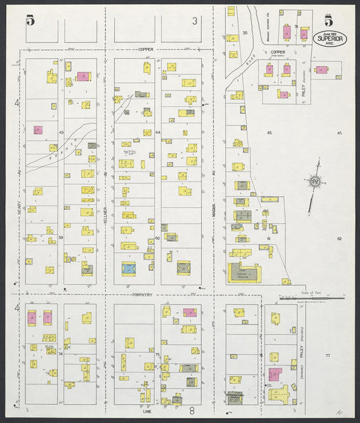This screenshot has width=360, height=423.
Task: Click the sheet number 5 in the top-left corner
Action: [30, 20]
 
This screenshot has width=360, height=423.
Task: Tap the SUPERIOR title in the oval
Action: [330, 38]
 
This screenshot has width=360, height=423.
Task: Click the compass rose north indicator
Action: [315, 181]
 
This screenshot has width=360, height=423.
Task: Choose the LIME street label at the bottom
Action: [147, 410]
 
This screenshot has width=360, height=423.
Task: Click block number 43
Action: [61, 132]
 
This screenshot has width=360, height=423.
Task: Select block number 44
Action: [157, 132]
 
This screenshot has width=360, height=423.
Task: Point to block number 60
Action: [157, 238]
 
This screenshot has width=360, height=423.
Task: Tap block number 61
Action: [268, 238]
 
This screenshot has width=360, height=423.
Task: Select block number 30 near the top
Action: [245, 32]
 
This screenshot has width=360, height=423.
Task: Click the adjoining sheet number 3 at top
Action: [195, 21]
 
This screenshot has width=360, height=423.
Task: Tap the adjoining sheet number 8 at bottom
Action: [192, 410]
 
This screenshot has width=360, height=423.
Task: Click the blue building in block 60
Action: [128, 268]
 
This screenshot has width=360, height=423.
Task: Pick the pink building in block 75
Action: [190, 312]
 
